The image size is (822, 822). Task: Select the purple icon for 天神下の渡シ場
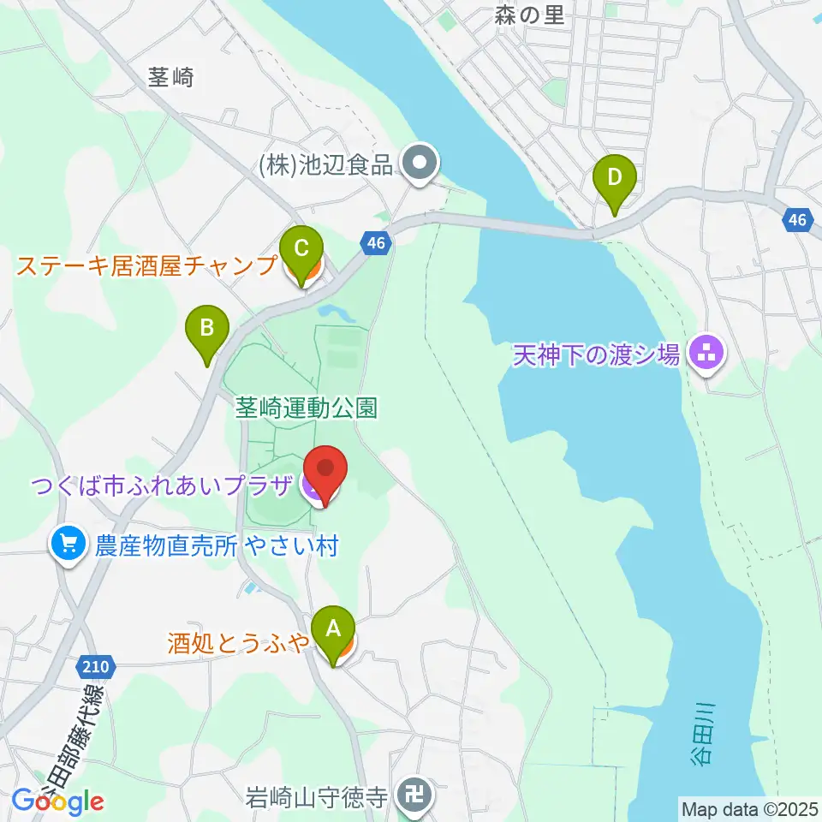tap(706, 352)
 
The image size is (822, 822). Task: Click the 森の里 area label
tap(529, 15)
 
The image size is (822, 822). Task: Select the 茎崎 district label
tap(171, 78)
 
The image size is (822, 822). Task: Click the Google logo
tap(58, 801)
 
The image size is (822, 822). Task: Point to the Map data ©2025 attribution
tap(748, 807)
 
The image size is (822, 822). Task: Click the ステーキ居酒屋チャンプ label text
tap(146, 265)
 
